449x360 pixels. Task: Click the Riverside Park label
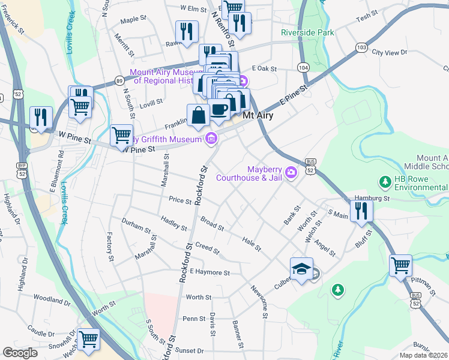pos(308,32)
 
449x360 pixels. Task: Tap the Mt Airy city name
pos(258,116)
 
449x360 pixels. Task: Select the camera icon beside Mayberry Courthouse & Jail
pos(291,173)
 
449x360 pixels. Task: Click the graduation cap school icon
pos(301,268)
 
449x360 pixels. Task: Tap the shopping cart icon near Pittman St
pos(400,265)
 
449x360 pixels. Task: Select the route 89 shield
pos(119,81)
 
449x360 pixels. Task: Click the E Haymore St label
pos(209,272)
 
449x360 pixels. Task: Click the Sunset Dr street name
pos(190,350)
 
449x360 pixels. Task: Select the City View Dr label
pos(390,53)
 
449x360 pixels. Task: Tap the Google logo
pos(20,353)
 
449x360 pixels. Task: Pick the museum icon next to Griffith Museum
pos(211,140)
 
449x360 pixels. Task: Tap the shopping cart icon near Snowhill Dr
pos(88,339)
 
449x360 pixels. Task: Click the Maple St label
pos(133,19)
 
